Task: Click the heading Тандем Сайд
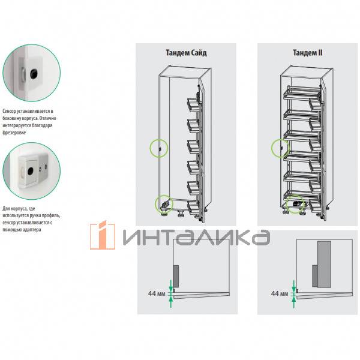[x=186, y=53]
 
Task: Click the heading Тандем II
[x=307, y=53]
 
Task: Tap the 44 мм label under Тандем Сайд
[x=157, y=293]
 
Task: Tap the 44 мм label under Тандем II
[x=280, y=293]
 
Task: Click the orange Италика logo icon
[x=103, y=235]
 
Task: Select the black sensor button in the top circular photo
[x=34, y=74]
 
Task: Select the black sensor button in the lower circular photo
[x=31, y=170]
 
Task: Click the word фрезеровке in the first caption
[x=14, y=133]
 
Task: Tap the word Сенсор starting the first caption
[x=9, y=111]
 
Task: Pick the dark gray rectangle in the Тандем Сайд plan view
[x=176, y=276]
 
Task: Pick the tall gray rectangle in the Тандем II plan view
[x=324, y=264]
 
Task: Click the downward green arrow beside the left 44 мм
[x=170, y=286]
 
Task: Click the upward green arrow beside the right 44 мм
[x=293, y=302]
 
